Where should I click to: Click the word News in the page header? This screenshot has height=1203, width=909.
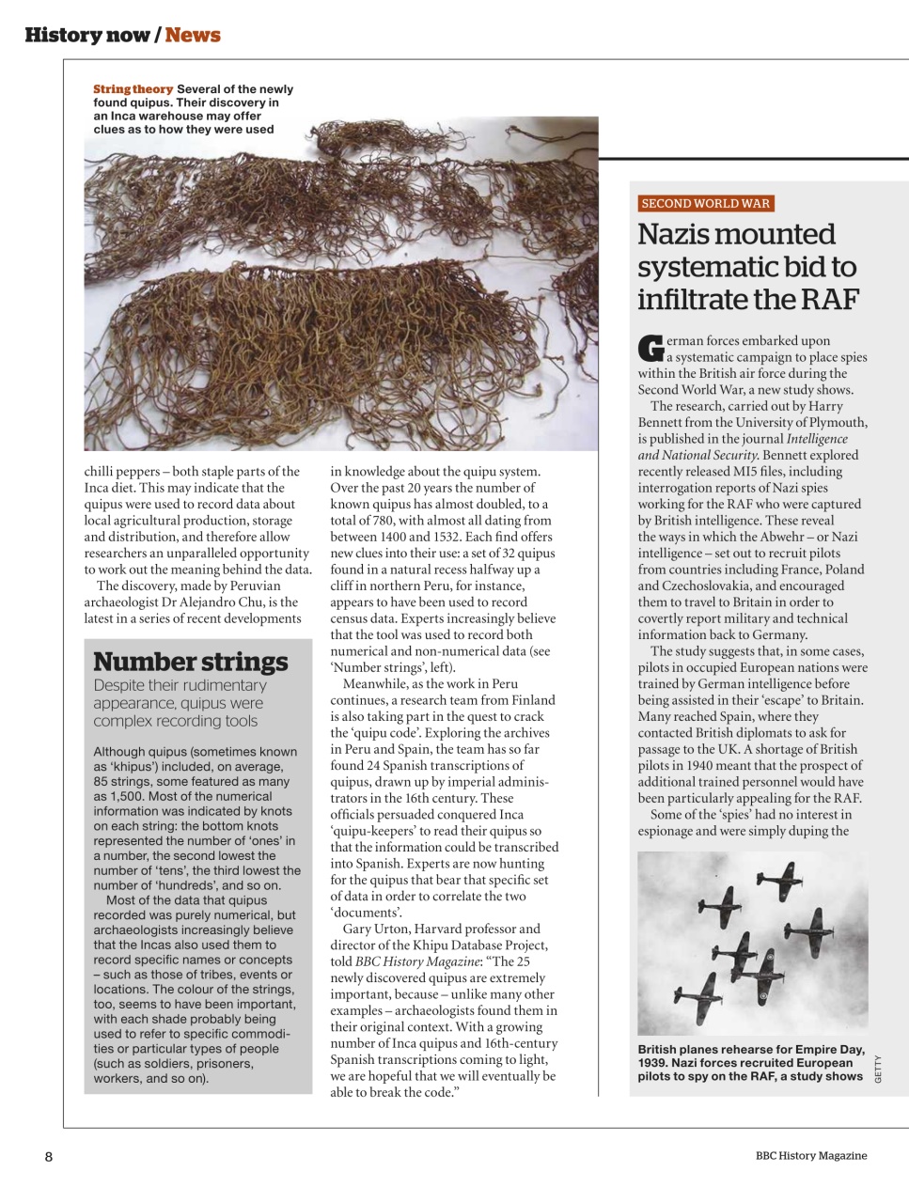tap(193, 35)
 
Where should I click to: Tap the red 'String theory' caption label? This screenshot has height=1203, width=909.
tap(133, 89)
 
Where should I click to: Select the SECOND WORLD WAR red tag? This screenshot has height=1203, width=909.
tap(705, 203)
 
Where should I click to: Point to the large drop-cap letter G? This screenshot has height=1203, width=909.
tap(650, 348)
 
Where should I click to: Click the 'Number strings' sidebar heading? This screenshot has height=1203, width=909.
tap(191, 662)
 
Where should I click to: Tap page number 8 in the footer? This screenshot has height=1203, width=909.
tap(49, 1156)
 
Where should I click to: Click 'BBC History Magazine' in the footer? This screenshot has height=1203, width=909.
tap(811, 1156)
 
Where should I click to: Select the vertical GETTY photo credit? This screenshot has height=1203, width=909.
tap(878, 1069)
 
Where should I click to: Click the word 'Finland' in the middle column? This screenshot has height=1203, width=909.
tap(531, 700)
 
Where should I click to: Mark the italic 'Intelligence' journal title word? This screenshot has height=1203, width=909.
tap(816, 439)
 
